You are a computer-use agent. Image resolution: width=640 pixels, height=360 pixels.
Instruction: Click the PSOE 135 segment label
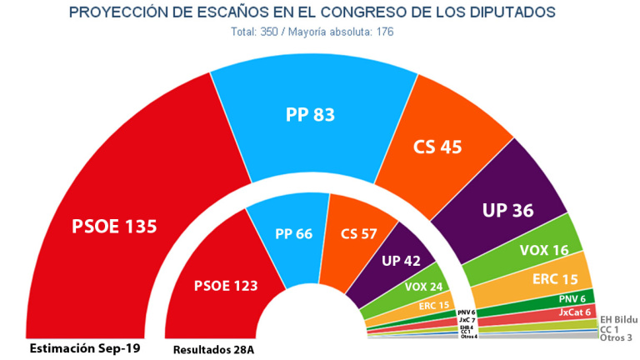(115, 227)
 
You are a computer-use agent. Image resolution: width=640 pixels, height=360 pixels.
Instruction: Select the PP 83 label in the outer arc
(311, 115)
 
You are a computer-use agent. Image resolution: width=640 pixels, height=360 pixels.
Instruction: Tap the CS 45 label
(437, 147)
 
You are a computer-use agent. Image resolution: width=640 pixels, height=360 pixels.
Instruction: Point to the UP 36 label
(507, 210)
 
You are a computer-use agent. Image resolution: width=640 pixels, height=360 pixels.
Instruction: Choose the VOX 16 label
(544, 249)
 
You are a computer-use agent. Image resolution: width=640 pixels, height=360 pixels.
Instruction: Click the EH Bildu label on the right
(618, 319)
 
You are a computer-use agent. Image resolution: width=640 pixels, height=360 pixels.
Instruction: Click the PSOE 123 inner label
(226, 285)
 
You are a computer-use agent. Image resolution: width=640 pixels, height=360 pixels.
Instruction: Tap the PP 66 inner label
(294, 233)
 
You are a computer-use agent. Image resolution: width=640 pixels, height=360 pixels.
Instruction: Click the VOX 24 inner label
(424, 287)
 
